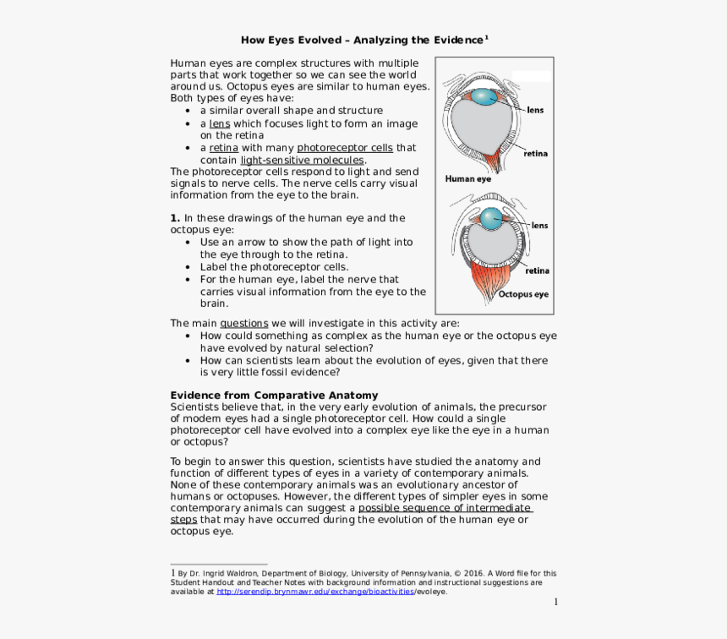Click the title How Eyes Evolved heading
point(364,40)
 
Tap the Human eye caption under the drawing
point(467,179)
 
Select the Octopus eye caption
point(523,295)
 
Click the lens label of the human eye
point(535,110)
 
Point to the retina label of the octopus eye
point(537,271)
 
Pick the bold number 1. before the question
point(175,218)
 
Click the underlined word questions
point(243,323)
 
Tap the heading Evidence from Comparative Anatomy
point(274,396)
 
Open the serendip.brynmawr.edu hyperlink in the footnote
point(314,592)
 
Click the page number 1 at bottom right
point(556,602)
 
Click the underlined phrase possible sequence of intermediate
point(445,508)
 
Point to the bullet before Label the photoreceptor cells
point(188,266)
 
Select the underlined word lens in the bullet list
point(219,123)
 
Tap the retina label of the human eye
point(535,154)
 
